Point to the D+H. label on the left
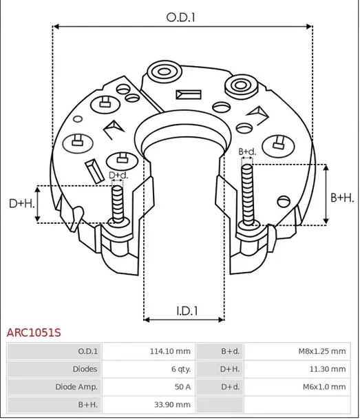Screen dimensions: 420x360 point(21,203)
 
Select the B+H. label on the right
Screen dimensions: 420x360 point(342,198)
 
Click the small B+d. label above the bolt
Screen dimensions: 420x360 point(246,151)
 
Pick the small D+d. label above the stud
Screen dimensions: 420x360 point(118,176)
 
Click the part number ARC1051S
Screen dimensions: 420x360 point(34,333)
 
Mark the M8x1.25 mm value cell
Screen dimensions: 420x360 point(321,351)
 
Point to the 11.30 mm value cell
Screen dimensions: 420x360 point(328,369)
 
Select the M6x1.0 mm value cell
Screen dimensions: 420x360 point(324,387)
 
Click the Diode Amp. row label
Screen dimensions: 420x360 point(76,387)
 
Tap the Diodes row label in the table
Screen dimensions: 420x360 point(85,369)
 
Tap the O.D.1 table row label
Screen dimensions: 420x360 point(87,351)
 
